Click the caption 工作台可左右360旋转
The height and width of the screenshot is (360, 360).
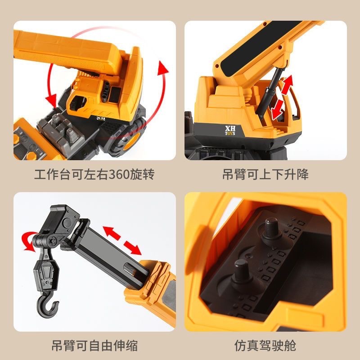click(x=94, y=174)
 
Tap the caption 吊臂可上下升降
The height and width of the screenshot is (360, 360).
click(x=265, y=174)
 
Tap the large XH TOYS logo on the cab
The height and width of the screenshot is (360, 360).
click(x=231, y=130)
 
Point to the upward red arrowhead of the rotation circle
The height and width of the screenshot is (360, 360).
click(x=162, y=70)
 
